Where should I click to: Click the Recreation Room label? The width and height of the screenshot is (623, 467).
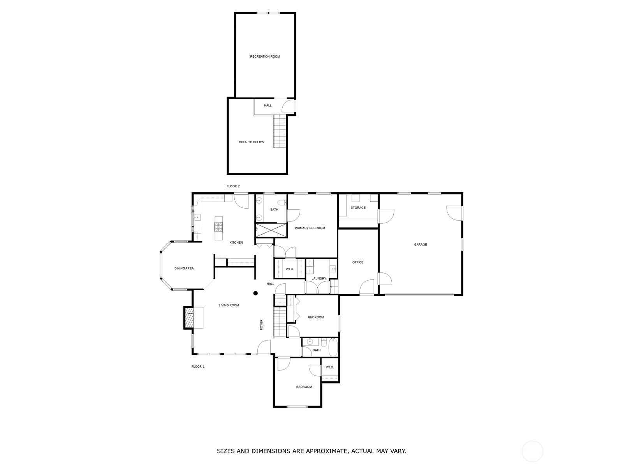(x=264, y=56)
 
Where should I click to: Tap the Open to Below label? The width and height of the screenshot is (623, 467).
(x=251, y=142)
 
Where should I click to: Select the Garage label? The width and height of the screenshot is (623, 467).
(x=420, y=244)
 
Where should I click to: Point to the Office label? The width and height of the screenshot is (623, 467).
(x=357, y=262)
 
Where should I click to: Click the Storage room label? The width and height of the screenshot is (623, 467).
(x=358, y=207)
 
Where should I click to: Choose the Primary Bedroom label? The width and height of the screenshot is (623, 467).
(x=310, y=228)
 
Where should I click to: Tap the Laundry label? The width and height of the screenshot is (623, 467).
(x=319, y=278)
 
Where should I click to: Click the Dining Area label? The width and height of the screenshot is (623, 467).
(x=184, y=268)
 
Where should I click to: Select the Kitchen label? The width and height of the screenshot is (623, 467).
(x=236, y=242)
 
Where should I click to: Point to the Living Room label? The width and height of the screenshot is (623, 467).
(x=229, y=305)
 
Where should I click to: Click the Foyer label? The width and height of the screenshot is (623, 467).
(x=261, y=325)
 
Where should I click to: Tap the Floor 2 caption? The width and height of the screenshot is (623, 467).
(x=233, y=186)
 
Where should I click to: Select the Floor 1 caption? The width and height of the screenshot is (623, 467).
(x=198, y=366)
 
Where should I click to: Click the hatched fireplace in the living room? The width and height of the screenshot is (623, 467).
(x=189, y=318)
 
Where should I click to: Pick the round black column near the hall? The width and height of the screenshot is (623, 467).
(x=255, y=293)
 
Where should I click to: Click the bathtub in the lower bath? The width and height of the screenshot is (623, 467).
(x=333, y=348)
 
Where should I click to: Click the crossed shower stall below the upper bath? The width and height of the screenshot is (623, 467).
(x=271, y=230)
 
